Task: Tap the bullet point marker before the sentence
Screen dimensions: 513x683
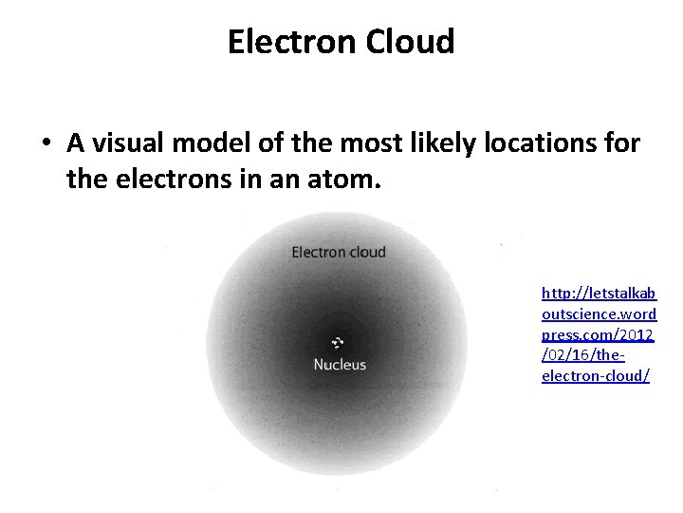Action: [x=46, y=144]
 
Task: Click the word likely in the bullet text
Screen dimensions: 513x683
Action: [x=438, y=144]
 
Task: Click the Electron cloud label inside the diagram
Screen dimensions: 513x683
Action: [x=339, y=252]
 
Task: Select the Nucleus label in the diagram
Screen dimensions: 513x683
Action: [x=340, y=365]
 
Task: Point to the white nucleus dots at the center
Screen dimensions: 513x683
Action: [x=338, y=343]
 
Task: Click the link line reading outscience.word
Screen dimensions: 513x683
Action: [x=599, y=313]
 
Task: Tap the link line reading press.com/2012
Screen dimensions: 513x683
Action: [x=599, y=334]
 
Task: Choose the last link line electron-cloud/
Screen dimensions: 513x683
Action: [x=596, y=376]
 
